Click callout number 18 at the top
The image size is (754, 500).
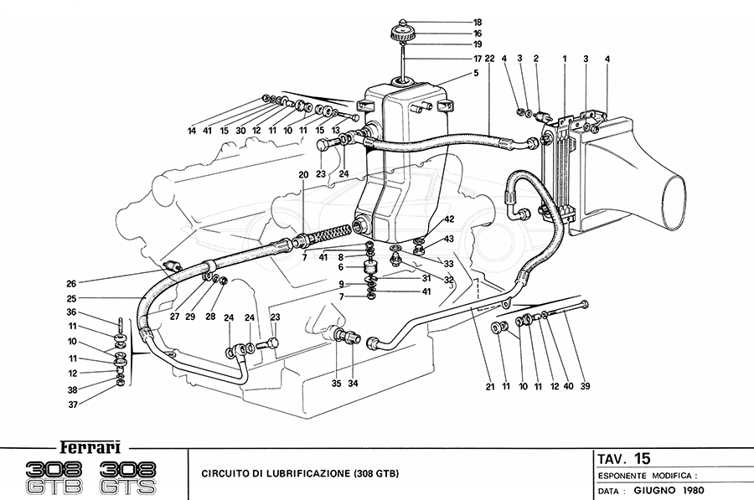coord(477,22)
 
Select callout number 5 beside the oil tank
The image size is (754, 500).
coord(476,74)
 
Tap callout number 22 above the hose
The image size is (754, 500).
coord(489,59)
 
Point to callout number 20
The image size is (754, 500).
coord(303,175)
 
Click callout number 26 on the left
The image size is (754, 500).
coord(71,284)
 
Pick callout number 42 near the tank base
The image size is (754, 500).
coord(449,219)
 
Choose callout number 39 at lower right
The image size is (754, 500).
coord(585,386)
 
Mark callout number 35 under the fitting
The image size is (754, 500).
coord(336,384)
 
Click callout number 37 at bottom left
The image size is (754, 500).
coord(73,405)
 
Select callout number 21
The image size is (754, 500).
coord(489,386)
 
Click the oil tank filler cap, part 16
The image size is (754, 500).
coord(404,34)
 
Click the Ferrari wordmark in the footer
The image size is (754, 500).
coord(90,447)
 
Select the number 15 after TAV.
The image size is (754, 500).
coord(642,458)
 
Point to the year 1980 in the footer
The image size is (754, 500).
coord(693,491)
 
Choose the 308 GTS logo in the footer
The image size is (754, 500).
coord(128,477)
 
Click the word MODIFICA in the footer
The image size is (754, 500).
coord(670,476)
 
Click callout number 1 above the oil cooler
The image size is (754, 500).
coord(565,59)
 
